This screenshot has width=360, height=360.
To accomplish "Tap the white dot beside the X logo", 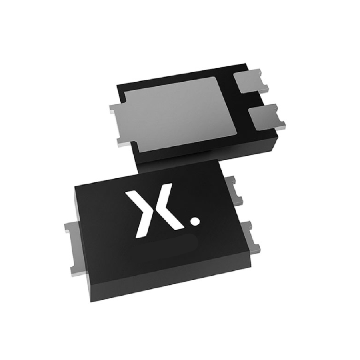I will (x=195, y=219).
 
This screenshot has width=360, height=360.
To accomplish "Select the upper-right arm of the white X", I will (x=167, y=191).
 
